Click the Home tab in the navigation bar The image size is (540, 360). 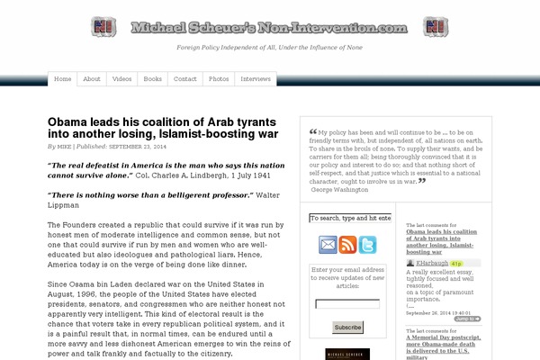pyautogui.click(x=64, y=79)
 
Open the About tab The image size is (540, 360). pyautogui.click(x=92, y=79)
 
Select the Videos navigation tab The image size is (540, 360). pyautogui.click(x=121, y=79)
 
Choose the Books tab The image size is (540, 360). pyautogui.click(x=153, y=79)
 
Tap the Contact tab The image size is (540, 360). pyautogui.click(x=185, y=79)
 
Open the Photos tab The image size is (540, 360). pyautogui.click(x=219, y=79)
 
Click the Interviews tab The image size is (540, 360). pyautogui.click(x=256, y=79)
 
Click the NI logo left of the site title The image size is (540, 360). pyautogui.click(x=103, y=26)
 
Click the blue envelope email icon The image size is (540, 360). pyautogui.click(x=326, y=245)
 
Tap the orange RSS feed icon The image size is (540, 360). pyautogui.click(x=347, y=245)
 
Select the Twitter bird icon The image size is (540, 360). pyautogui.click(x=368, y=245)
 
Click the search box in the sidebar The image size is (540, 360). pyautogui.click(x=349, y=219)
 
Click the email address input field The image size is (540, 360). pyautogui.click(x=346, y=304)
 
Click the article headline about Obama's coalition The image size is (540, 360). pyautogui.click(x=163, y=127)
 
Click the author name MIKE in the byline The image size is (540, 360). pyautogui.click(x=65, y=145)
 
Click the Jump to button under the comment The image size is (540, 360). pyautogui.click(x=466, y=319)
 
